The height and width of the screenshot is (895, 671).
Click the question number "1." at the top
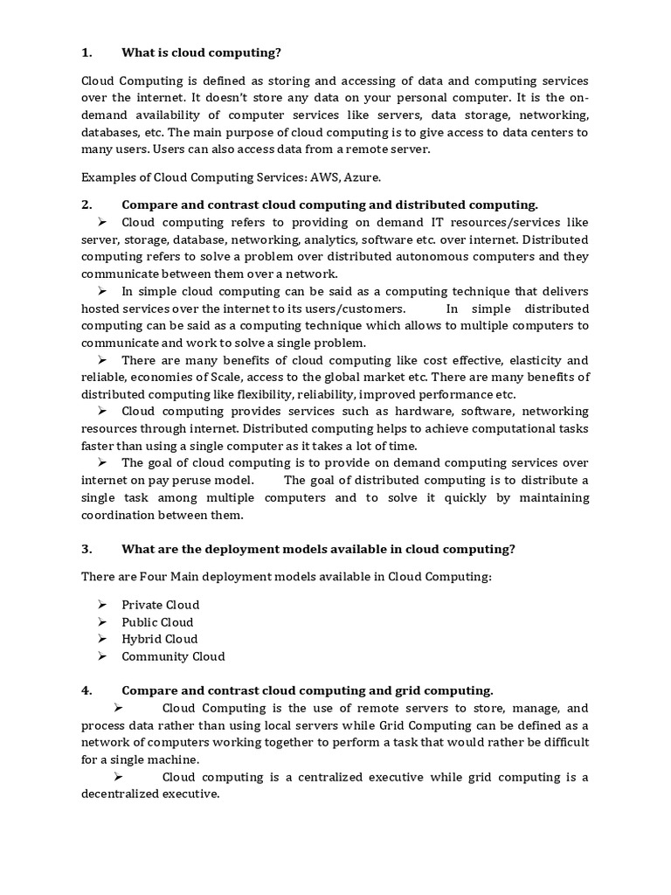tap(86, 52)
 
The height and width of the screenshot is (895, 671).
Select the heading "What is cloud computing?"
tap(201, 52)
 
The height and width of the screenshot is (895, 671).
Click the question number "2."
tap(86, 205)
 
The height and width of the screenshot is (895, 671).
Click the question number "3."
tap(86, 549)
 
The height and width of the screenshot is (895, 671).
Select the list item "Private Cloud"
tap(161, 605)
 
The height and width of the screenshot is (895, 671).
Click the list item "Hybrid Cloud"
tap(160, 639)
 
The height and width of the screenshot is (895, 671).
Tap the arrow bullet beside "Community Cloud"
tap(101, 656)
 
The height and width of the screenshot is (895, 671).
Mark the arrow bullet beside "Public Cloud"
tap(101, 622)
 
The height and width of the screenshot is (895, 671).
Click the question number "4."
tap(86, 690)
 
